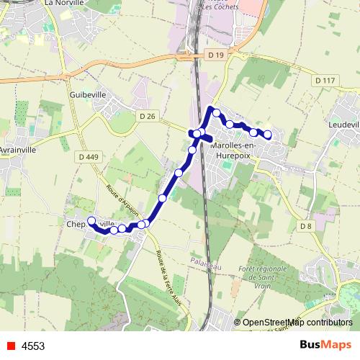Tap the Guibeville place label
(88, 94)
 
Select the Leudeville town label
(343, 125)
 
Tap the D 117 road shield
(325, 80)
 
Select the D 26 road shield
(148, 116)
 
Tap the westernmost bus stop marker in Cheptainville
(91, 220)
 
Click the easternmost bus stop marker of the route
(268, 134)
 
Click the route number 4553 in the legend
(33, 346)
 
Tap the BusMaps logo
(325, 345)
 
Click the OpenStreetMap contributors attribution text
(297, 323)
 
